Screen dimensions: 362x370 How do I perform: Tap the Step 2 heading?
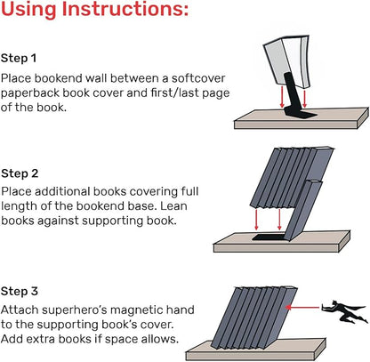coord(20,173)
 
